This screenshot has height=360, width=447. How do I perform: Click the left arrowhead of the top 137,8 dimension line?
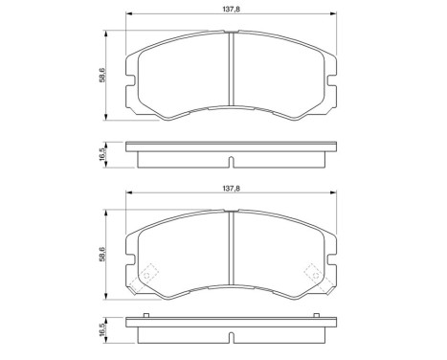coord(127,16)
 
